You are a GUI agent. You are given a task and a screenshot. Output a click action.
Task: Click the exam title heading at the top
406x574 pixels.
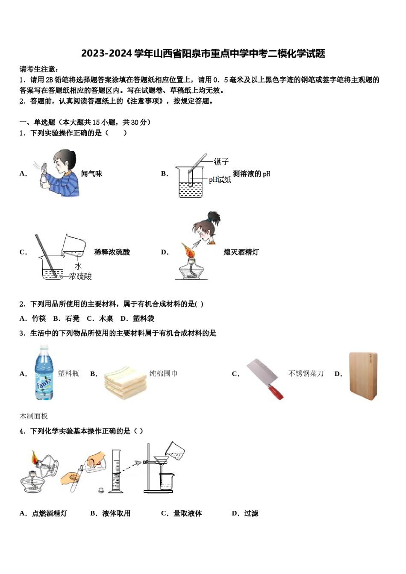[x=203, y=53]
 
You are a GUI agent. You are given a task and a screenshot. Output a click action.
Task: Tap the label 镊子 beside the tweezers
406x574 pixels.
[x=221, y=161]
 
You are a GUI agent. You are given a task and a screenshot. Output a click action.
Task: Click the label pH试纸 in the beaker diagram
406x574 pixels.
[x=220, y=180]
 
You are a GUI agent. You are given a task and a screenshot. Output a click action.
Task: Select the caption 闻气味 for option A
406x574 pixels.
[x=91, y=174]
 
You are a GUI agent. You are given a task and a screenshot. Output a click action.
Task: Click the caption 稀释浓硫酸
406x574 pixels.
[x=112, y=252]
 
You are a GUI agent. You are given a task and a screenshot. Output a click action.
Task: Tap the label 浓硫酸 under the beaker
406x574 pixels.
[x=81, y=276]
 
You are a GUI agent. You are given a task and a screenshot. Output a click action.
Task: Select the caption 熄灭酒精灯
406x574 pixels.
[x=241, y=252]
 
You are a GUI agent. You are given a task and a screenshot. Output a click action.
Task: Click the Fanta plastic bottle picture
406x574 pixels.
[x=44, y=373]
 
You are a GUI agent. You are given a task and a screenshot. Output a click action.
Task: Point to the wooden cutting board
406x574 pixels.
[x=363, y=376]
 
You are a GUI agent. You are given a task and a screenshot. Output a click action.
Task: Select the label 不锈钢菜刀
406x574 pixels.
[x=306, y=374]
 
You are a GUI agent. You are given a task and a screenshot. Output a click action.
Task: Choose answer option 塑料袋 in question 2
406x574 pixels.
[x=143, y=319]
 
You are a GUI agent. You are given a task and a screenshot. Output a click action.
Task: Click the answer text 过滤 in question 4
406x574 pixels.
[x=251, y=513]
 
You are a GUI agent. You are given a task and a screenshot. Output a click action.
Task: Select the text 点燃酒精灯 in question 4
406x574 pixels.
[x=50, y=513]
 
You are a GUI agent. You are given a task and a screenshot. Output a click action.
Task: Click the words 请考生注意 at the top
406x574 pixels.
[x=38, y=69]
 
